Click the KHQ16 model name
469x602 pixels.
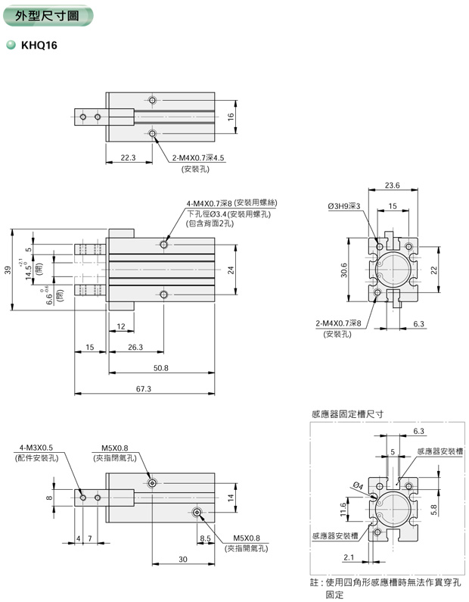click(39, 45)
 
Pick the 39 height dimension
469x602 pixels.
click(8, 270)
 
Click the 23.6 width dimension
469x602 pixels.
click(392, 185)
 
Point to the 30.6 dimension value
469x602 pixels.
click(343, 270)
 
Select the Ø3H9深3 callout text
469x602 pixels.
click(344, 206)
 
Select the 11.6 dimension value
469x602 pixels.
click(343, 511)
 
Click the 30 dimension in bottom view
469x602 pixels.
click(182, 559)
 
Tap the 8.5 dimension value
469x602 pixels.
click(205, 538)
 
